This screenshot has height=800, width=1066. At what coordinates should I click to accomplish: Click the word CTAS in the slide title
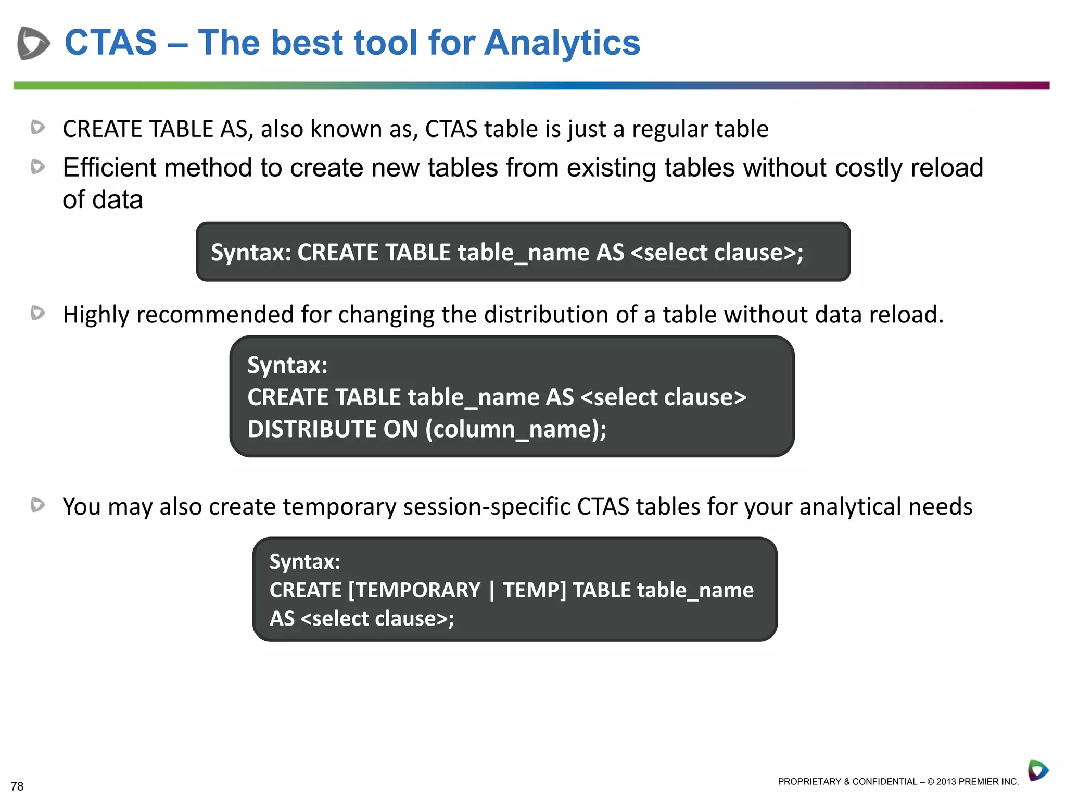point(110,43)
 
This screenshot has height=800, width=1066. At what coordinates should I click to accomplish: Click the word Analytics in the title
point(562,43)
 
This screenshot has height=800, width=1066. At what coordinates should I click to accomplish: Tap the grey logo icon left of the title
point(33,43)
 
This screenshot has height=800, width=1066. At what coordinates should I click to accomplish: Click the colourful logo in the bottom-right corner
point(1037,770)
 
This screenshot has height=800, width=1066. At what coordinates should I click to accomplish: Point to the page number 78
point(17,786)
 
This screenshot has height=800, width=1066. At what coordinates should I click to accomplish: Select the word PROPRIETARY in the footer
point(809,781)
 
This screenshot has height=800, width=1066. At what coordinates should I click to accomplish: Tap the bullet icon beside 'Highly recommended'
point(37,313)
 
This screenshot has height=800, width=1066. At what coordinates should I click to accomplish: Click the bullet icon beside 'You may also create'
point(37,505)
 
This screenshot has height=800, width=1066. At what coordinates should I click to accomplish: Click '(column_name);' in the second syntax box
point(516,429)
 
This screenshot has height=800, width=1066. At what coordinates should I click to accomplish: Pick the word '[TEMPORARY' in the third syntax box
point(414,590)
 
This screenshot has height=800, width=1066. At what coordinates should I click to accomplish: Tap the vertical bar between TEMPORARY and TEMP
point(492,591)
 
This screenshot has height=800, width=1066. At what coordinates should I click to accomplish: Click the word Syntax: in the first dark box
point(251,253)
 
